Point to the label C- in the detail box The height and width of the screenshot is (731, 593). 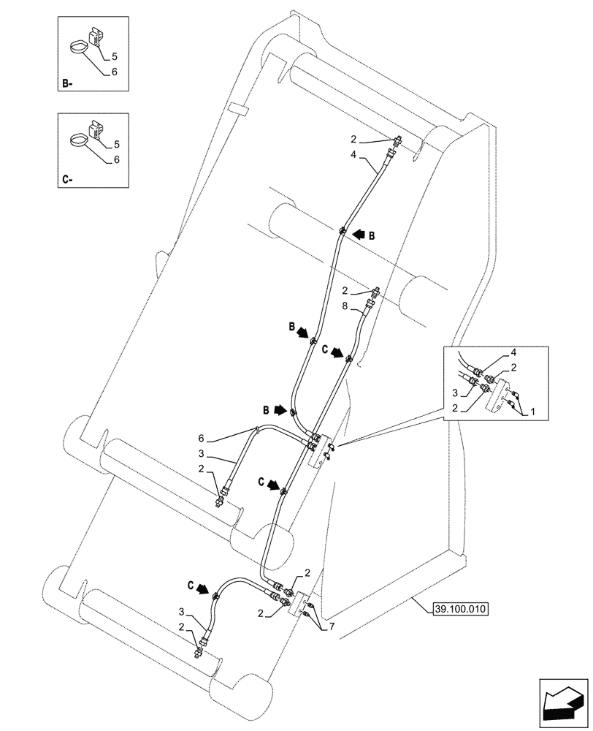66,178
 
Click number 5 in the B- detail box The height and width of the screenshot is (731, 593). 113,56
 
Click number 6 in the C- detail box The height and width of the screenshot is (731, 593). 116,160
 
